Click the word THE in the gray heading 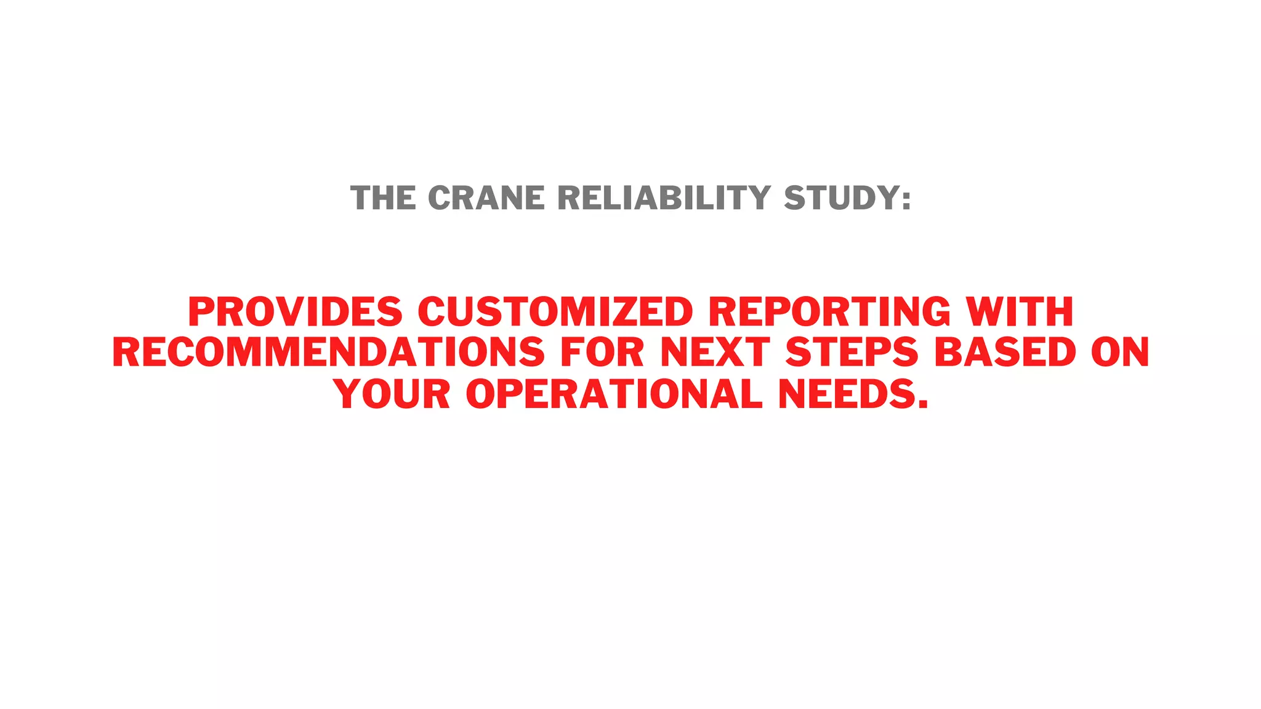coord(382,198)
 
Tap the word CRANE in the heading coord(486,198)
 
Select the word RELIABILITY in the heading coord(664,198)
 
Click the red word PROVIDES coord(295,311)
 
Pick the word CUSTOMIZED coord(555,311)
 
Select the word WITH coord(1020,311)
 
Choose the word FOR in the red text coord(602,353)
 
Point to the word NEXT coord(714,353)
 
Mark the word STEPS coord(852,353)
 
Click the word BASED coord(1005,353)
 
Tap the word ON coord(1120,353)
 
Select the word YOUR coord(392,394)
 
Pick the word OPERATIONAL coord(614,394)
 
